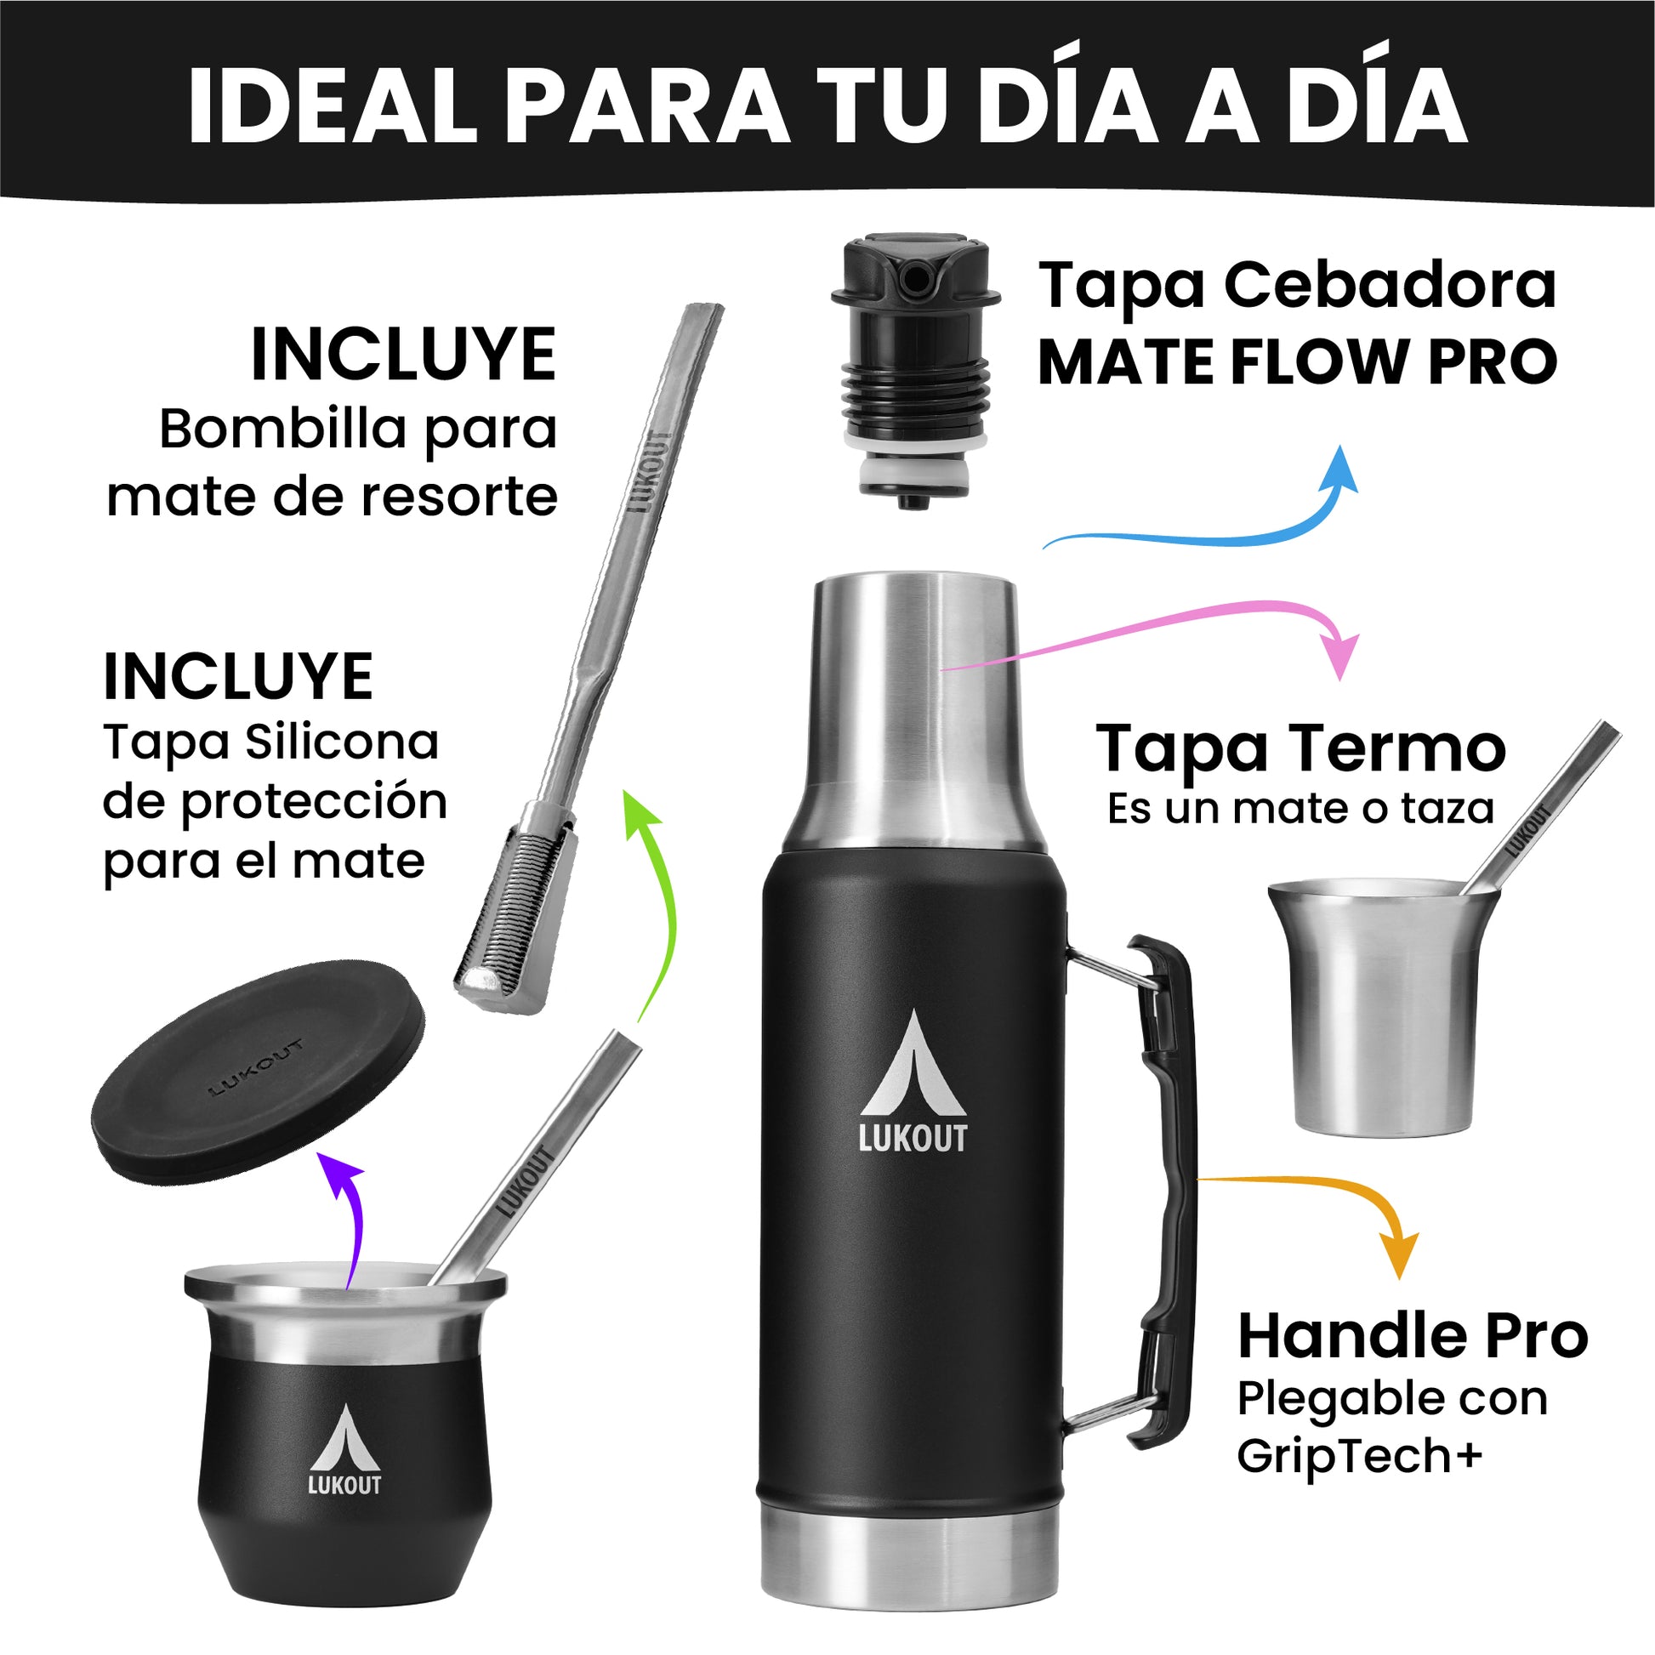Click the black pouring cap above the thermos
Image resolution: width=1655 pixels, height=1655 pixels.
[915, 373]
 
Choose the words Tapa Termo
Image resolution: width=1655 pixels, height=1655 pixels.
[1301, 748]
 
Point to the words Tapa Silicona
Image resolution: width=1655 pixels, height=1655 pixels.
[270, 742]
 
